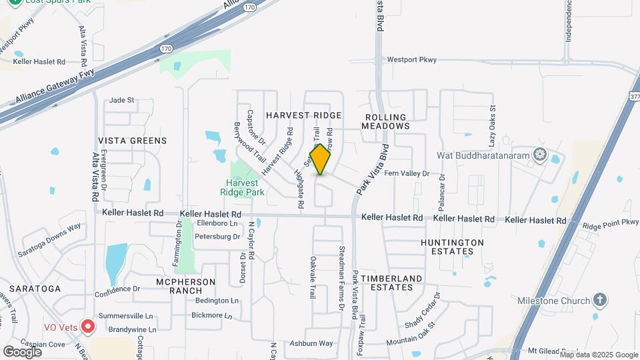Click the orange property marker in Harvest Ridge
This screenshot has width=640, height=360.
[321, 160]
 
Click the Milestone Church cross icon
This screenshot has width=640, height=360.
[601, 300]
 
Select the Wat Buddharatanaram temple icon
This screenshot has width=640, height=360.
[539, 155]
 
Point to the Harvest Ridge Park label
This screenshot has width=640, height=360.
[246, 187]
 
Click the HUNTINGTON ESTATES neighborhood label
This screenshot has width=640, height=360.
[452, 247]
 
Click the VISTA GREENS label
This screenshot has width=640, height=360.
[133, 141]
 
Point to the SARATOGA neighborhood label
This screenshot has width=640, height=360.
[35, 289]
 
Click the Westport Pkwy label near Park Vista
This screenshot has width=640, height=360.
[412, 60]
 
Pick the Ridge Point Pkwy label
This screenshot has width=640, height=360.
[610, 224]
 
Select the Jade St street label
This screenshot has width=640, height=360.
[122, 100]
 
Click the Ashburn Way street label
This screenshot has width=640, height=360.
[311, 343]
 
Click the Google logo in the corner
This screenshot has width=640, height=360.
[23, 351]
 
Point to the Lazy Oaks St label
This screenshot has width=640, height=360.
[493, 126]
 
